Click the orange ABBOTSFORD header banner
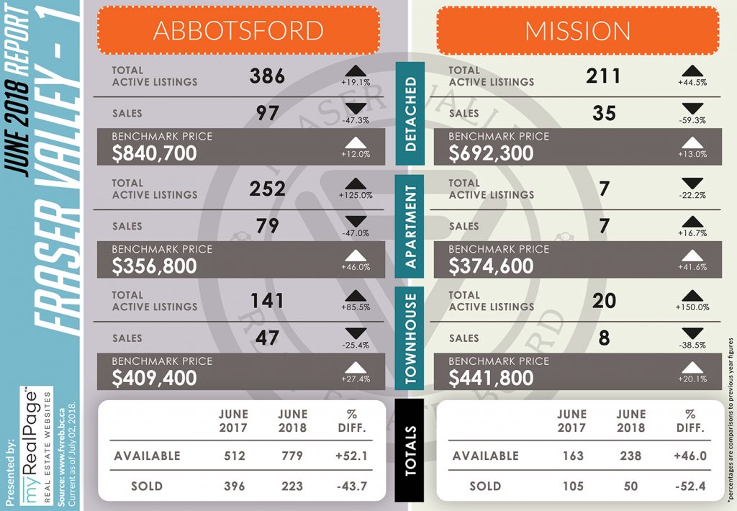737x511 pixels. pos(239,30)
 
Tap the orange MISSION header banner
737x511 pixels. pos(578,30)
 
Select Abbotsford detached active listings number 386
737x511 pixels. pos(267,76)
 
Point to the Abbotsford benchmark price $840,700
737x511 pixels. pos(154,153)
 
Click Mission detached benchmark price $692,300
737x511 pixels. pos(491,153)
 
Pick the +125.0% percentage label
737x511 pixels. pos(356,195)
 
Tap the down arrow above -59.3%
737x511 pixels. pos(692,108)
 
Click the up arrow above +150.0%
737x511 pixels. pos(692,296)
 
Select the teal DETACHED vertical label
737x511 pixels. pos(410,114)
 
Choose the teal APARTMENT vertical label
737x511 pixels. pos(410,227)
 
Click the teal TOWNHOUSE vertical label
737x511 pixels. pos(410,338)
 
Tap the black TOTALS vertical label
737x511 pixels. pos(410,451)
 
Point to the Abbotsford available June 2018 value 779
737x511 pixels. pos(292,456)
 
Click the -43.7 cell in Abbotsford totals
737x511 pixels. pos(352,486)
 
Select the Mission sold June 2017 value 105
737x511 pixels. pos(573,486)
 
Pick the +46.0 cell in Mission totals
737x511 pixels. pos(690,456)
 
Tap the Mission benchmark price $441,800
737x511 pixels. pos(491,378)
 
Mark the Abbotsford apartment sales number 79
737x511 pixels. pos(267,226)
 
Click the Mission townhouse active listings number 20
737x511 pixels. pos(604,300)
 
